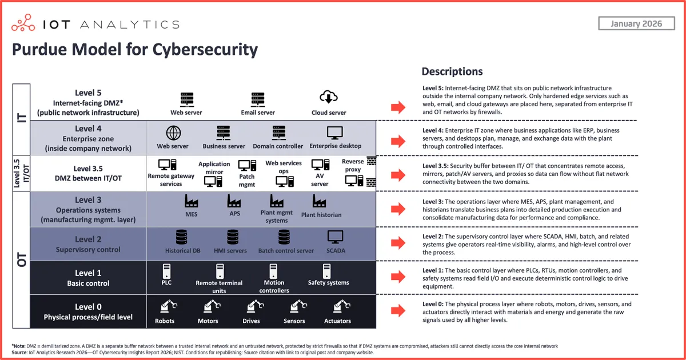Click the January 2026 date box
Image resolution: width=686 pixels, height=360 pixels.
(636, 23)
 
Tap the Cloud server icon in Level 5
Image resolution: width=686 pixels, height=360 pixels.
(329, 98)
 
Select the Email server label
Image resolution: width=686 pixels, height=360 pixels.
(258, 113)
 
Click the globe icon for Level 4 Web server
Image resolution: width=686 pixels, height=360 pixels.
(173, 133)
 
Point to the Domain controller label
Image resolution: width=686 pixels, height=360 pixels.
(278, 146)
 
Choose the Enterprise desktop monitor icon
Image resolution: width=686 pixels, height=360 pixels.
(335, 133)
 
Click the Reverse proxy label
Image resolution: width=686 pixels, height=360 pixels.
(353, 166)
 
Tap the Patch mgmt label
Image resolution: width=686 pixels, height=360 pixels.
(247, 181)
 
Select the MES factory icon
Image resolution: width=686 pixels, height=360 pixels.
(192, 201)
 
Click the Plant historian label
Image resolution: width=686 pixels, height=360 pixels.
(321, 215)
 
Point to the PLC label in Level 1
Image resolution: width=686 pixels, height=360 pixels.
(166, 282)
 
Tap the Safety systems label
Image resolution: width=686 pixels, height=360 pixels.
(328, 282)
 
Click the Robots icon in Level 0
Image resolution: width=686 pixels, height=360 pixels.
(165, 307)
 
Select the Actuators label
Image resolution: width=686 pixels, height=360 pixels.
(337, 321)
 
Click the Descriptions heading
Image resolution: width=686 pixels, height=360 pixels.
(452, 71)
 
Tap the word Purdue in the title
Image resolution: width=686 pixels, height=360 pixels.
(38, 49)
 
